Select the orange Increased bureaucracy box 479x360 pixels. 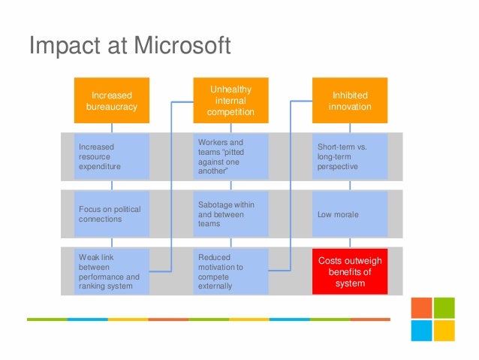[112, 101]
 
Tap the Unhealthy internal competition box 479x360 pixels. [230, 101]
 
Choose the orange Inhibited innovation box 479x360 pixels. [350, 101]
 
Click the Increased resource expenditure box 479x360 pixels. [112, 156]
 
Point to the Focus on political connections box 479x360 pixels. [112, 214]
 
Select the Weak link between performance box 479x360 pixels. [112, 271]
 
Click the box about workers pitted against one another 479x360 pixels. [230, 156]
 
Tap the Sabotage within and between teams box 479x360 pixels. [230, 214]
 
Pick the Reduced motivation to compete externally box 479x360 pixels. [230, 271]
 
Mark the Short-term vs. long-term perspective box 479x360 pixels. [350, 156]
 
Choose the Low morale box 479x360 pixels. [350, 214]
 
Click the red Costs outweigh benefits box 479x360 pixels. [350, 271]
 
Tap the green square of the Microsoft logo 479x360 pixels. [444, 308]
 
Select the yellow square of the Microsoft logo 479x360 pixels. [444, 331]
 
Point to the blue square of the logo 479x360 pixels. [421, 331]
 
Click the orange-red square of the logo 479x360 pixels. [421, 308]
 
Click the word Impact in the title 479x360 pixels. [60, 46]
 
